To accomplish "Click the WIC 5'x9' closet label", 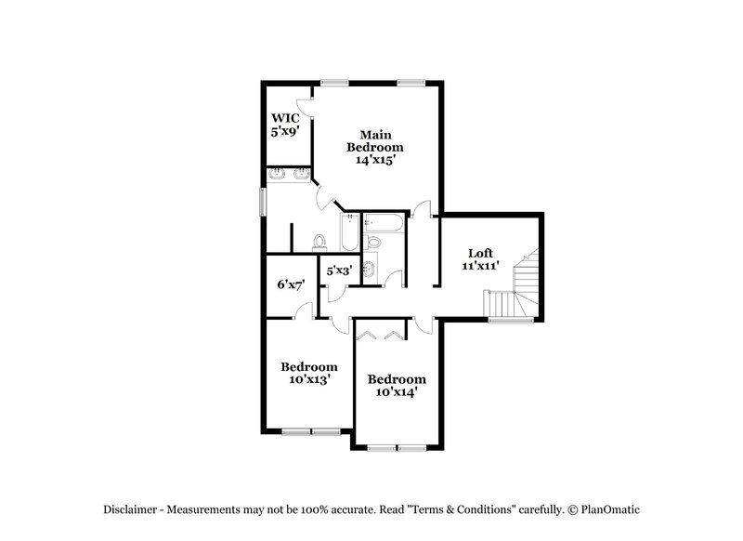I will [283, 125].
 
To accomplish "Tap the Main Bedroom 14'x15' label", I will [375, 147].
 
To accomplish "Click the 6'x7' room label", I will [291, 284].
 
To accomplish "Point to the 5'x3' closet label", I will [338, 272].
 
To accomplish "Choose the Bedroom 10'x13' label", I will [308, 372].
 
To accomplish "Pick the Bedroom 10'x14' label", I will [397, 385].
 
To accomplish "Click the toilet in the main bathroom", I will [320, 243].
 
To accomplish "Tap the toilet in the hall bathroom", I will [374, 241].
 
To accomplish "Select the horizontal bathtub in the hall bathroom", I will [382, 223].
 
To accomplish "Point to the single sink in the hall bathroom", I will [369, 270].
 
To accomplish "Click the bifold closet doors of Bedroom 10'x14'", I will [380, 334].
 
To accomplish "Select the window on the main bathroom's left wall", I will [263, 201].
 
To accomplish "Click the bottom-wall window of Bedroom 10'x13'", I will [310, 431].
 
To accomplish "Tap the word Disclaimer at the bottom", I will [130, 508].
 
